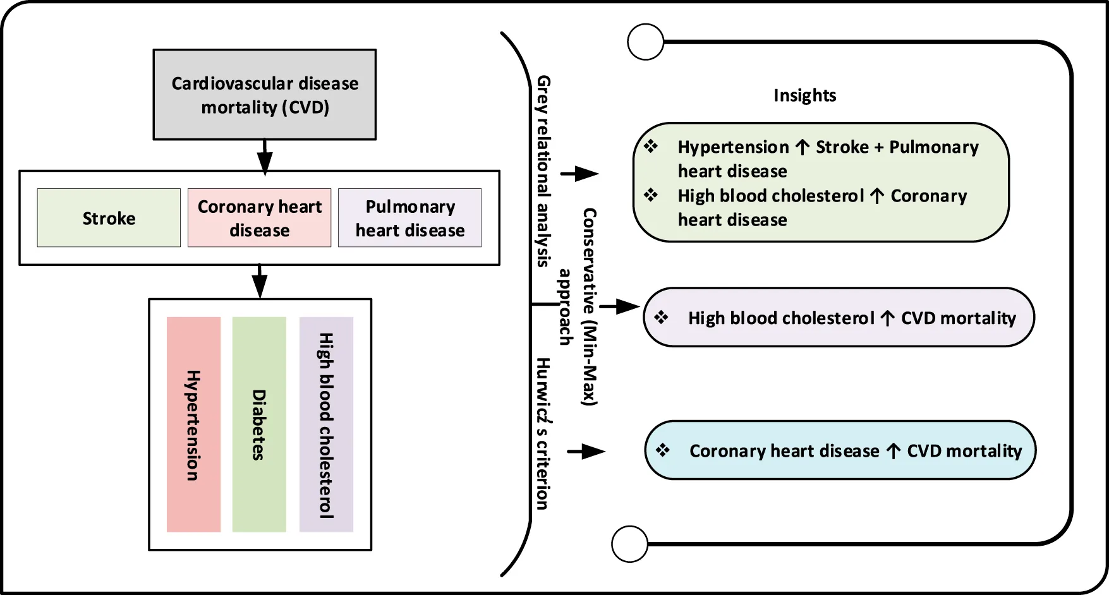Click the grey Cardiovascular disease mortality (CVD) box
[x=265, y=95]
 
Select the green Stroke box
[x=109, y=218]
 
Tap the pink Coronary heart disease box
[x=259, y=218]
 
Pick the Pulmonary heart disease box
[x=409, y=218]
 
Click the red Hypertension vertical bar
[x=193, y=424]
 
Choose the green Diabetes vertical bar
[x=259, y=424]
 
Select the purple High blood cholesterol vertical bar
[x=326, y=424]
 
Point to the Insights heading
[x=804, y=95]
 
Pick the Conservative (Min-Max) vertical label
[x=589, y=306]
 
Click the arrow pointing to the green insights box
[x=580, y=174]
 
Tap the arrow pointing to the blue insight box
[x=586, y=452]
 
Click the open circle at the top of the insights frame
[x=646, y=42]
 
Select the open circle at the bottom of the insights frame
[x=630, y=544]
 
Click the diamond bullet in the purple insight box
[x=662, y=317]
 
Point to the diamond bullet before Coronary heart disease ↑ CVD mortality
[x=663, y=450]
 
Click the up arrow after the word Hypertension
[x=803, y=147]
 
